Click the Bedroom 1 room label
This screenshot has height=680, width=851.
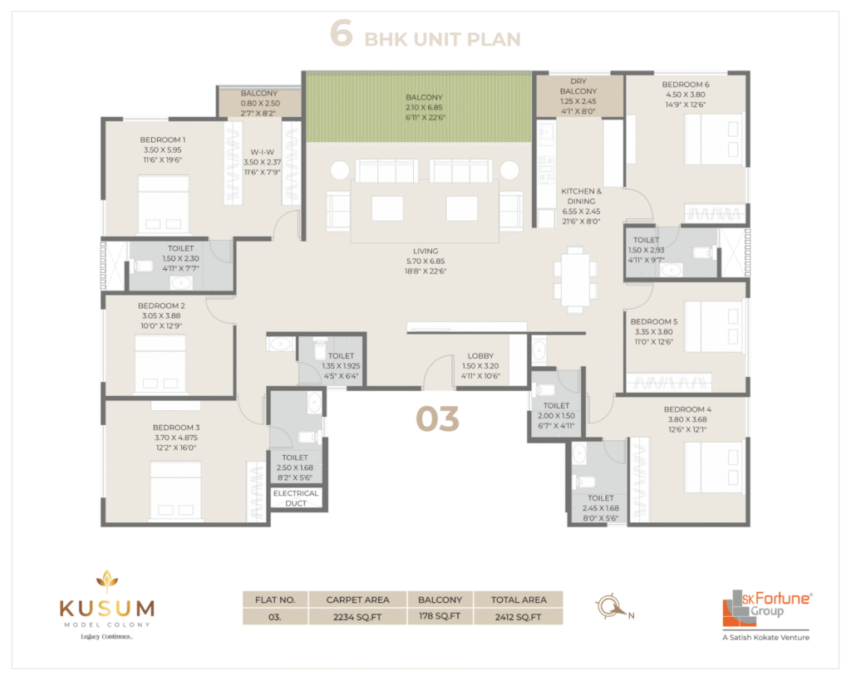click(x=162, y=139)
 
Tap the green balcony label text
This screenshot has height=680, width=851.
click(x=425, y=97)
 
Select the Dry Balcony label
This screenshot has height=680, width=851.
click(x=578, y=86)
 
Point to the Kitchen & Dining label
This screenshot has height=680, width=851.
click(x=581, y=196)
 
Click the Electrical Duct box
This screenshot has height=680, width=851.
click(x=296, y=498)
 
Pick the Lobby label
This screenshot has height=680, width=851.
click(x=481, y=355)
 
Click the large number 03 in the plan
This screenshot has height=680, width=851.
click(x=437, y=419)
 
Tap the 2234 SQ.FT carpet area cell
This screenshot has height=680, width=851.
click(x=357, y=617)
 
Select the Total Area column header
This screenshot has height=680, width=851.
click(x=519, y=599)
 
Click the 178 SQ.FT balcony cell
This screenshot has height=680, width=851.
click(x=440, y=617)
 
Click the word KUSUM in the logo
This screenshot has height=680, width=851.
click(x=107, y=609)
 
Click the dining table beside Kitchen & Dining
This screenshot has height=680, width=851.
click(x=575, y=280)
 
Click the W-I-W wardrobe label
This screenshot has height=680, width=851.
click(x=262, y=152)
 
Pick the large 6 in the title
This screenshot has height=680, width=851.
click(x=342, y=33)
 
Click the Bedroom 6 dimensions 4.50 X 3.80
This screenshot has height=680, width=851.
click(x=686, y=95)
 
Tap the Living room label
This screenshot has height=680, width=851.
click(x=425, y=251)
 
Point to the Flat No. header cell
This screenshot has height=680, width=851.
click(x=275, y=599)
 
